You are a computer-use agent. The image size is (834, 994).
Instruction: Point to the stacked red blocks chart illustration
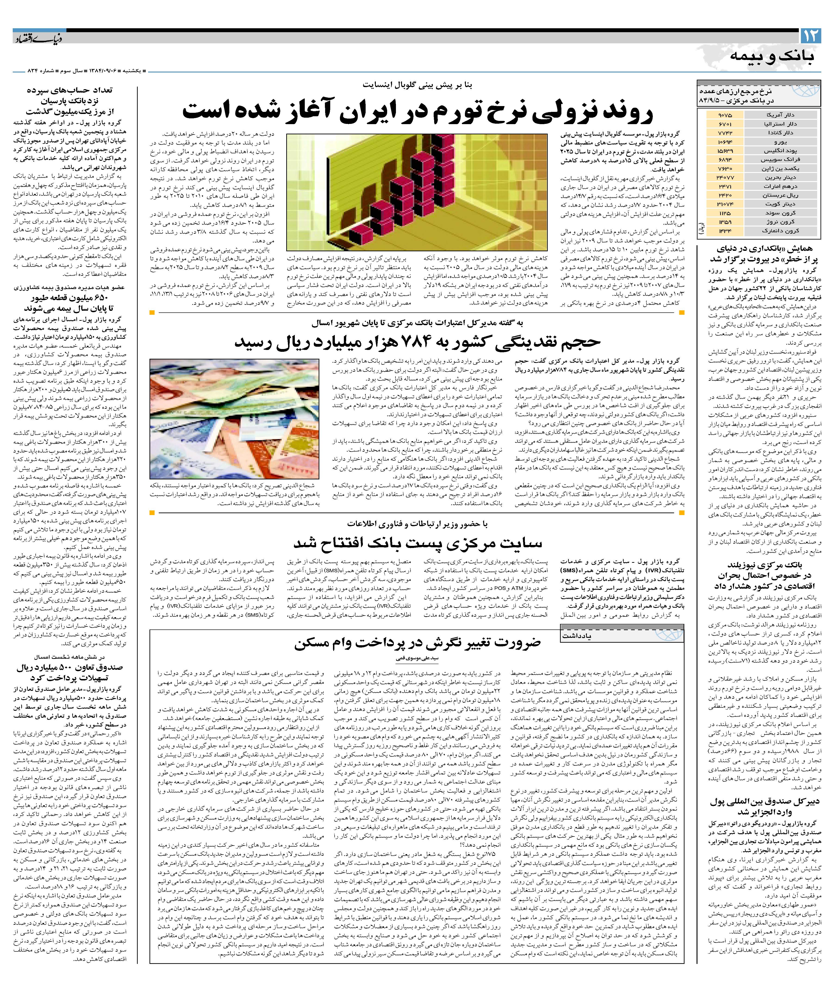tap(416, 192)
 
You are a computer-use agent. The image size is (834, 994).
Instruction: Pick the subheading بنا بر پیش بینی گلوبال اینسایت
tap(417, 85)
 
